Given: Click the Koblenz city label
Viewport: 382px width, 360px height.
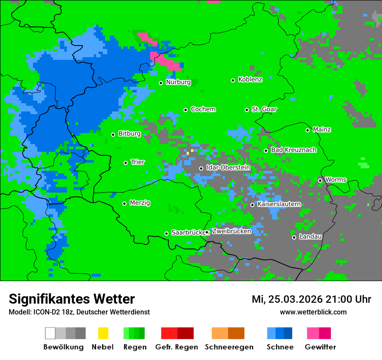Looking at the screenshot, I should pos(250,80).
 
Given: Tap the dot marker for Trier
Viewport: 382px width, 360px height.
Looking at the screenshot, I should pos(126,163).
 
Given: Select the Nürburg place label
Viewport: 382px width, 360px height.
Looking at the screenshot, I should pos(178,82).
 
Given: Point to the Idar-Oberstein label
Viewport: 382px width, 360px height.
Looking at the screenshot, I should pos(228,168).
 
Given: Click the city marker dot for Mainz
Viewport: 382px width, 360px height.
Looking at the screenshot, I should pos(307,130).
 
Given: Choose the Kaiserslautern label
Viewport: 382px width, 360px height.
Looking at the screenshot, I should pos(279,204).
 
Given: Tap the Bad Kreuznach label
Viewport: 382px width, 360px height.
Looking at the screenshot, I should pos(293,150).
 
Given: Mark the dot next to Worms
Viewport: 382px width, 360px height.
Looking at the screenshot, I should pos(320,180).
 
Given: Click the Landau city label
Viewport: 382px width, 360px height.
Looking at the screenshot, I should pos(310,237).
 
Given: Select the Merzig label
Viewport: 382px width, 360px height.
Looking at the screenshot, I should pos(140,203).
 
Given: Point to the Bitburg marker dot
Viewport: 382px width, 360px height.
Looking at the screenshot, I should pos(113,134).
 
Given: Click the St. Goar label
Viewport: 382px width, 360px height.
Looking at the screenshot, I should pos(264,109).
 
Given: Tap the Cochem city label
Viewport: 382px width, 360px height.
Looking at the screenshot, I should pos(203,109).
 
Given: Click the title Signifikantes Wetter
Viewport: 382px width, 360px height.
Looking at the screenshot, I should pos(72,299).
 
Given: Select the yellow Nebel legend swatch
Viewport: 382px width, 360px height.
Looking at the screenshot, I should pos(103,333).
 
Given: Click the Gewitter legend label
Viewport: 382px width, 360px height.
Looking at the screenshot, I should pos(320,347).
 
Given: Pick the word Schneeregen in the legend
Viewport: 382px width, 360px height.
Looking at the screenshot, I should pos(229,347).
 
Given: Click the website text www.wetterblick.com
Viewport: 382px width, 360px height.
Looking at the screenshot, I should pos(313,312).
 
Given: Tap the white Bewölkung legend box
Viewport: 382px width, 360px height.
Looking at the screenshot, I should pos(50,333).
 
